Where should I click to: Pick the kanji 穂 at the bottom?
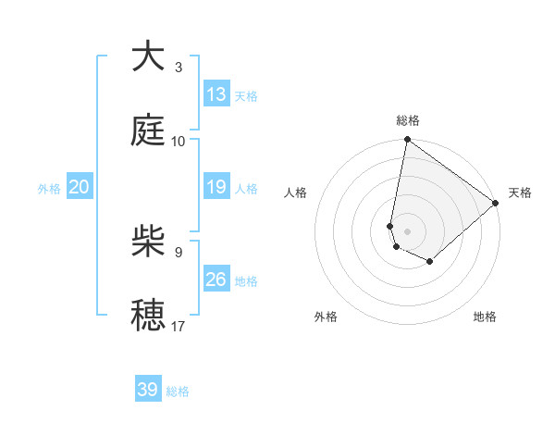(149, 315)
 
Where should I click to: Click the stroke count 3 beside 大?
(178, 67)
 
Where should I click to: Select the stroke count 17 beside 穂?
(179, 325)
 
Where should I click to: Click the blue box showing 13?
(216, 94)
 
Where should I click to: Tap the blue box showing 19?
(216, 187)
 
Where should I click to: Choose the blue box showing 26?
(216, 280)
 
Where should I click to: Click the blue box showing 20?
(80, 187)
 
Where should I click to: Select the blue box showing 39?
(148, 390)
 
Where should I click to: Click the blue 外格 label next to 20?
(49, 189)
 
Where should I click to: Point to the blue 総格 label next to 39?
(178, 391)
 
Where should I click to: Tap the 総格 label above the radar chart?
(408, 120)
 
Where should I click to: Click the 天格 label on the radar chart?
(520, 193)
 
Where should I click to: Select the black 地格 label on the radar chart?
(485, 317)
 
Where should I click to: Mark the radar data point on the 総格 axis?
(407, 141)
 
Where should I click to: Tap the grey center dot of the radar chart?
(407, 231)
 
